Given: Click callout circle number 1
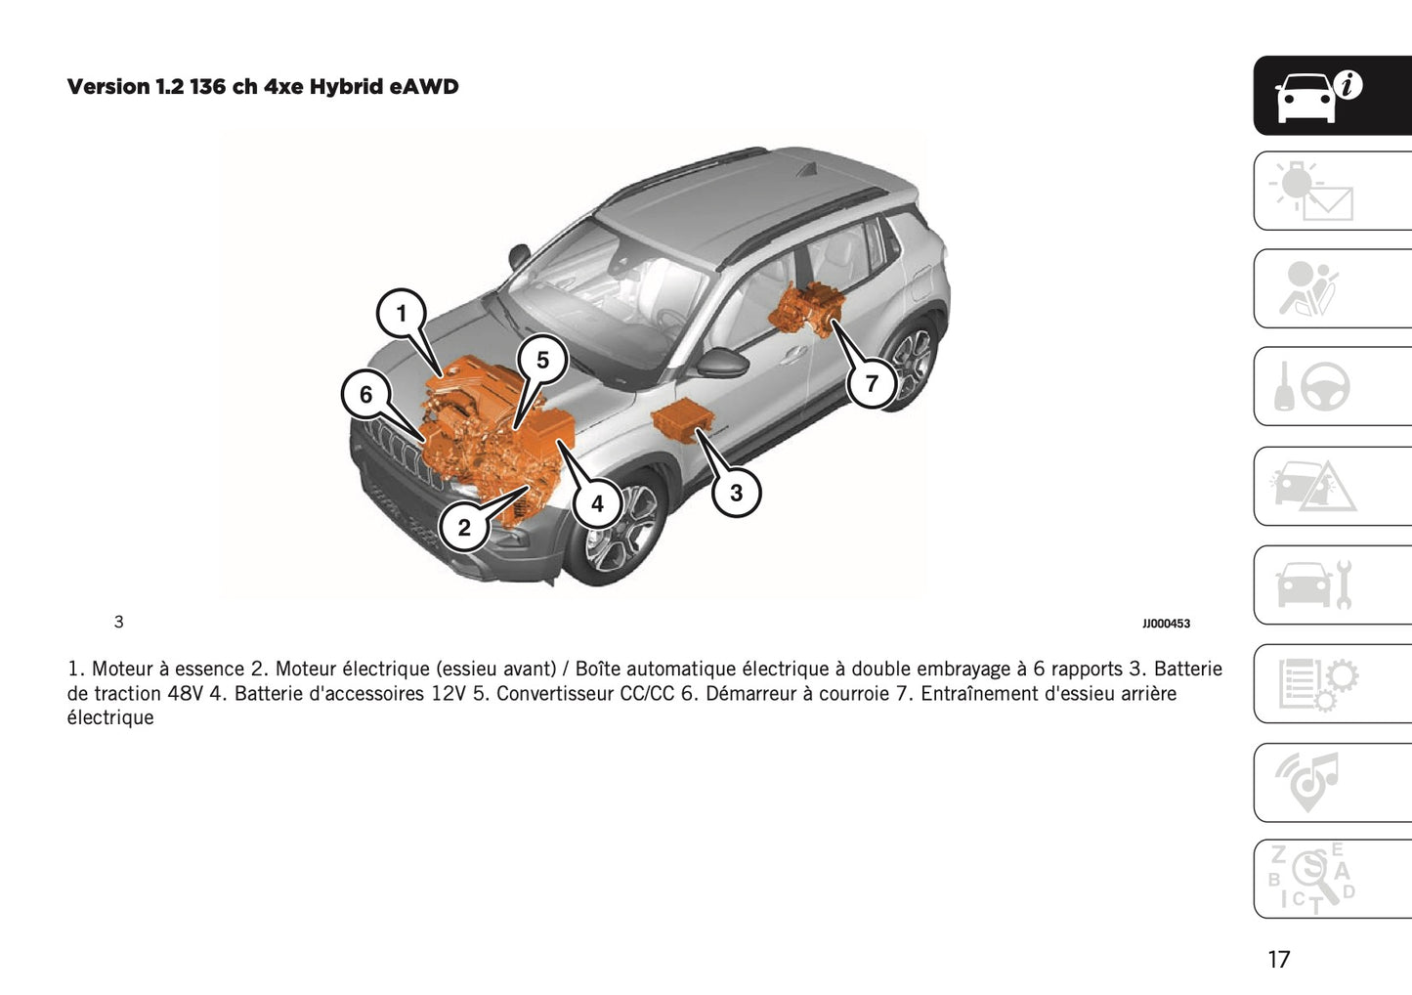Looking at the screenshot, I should coord(401,314).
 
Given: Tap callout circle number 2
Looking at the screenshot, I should coord(464,528).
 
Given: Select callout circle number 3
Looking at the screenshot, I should coord(736,493).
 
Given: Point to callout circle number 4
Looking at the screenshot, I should coord(597,504).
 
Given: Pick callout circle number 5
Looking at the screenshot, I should coord(542,361).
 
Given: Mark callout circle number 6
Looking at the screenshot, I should coord(366,394).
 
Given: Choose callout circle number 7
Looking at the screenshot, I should coord(872,383).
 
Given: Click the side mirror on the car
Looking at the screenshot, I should coord(721,363).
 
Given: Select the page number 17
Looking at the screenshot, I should coord(1278,959).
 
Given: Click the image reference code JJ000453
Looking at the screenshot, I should coord(1166,624).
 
